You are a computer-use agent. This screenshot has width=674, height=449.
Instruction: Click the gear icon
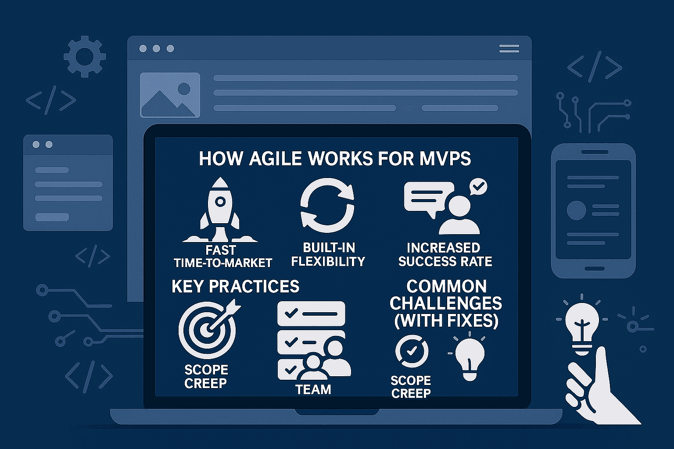pyautogui.click(x=85, y=57)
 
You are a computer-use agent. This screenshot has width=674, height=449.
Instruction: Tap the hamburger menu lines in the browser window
pyautogui.click(x=509, y=48)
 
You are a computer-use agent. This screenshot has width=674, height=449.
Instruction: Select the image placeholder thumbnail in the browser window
pyautogui.click(x=170, y=95)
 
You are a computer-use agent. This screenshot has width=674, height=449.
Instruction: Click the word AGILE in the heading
pyautogui.click(x=275, y=158)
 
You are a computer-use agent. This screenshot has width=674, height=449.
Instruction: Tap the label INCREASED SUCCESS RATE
pyautogui.click(x=445, y=254)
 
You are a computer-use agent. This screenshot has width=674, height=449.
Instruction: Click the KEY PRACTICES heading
pyautogui.click(x=235, y=286)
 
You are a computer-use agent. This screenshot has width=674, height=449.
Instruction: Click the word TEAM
pyautogui.click(x=313, y=389)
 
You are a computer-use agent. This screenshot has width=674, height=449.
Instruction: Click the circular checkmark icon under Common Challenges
pyautogui.click(x=412, y=351)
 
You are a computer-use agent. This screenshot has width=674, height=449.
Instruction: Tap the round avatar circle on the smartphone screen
pyautogui.click(x=576, y=210)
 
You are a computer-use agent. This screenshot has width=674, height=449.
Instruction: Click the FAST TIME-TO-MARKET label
pyautogui.click(x=222, y=257)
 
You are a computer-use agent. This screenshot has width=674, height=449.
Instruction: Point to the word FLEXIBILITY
pyautogui.click(x=328, y=261)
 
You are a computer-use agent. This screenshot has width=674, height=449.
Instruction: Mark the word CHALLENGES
pyautogui.click(x=446, y=303)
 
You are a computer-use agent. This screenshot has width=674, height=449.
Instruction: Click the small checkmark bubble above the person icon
pyautogui.click(x=478, y=187)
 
